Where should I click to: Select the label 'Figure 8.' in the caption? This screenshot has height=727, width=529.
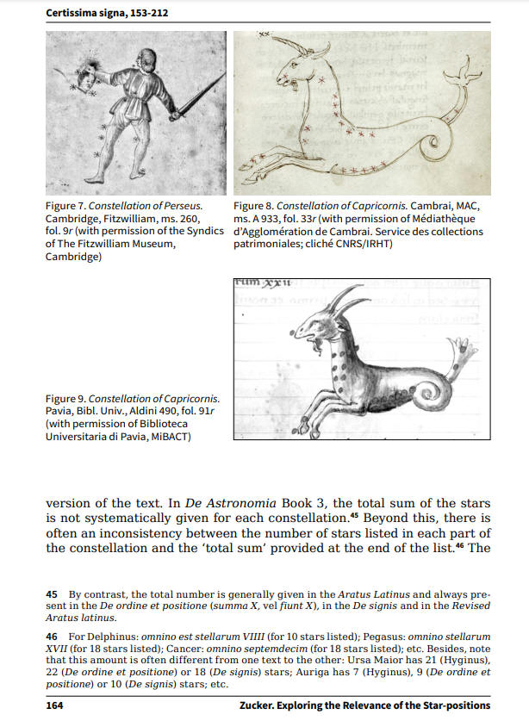[253, 207]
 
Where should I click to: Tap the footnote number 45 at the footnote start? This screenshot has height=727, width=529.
[51, 594]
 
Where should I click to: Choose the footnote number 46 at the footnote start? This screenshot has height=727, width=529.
[51, 635]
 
